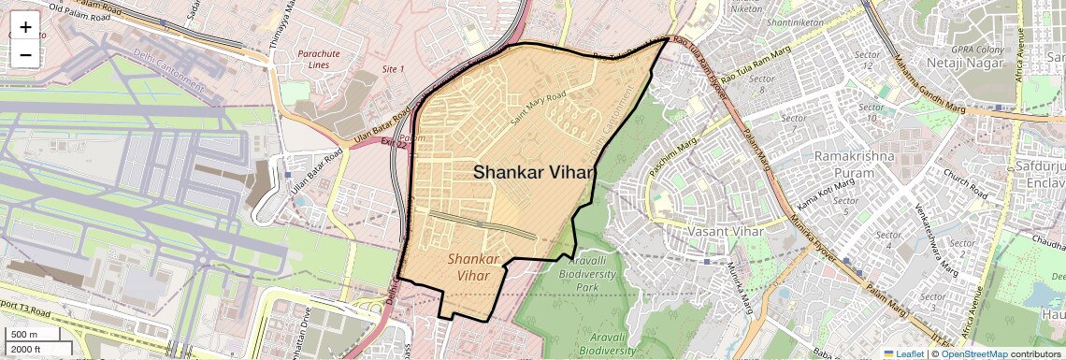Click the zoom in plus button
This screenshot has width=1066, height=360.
coord(25,26)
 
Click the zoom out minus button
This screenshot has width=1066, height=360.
coord(25,54)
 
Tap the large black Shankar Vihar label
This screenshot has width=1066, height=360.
coord(534,172)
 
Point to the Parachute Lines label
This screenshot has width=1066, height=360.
coord(319,59)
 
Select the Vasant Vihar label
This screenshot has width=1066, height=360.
coord(726,230)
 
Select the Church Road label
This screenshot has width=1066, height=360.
coord(965,183)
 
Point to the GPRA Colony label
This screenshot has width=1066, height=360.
coord(977,49)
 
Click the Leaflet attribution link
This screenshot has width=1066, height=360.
coord(902,353)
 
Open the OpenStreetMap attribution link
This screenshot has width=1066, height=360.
coord(974,353)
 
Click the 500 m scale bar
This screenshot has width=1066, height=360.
coord(25,335)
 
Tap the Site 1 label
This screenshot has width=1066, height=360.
coord(394,69)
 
